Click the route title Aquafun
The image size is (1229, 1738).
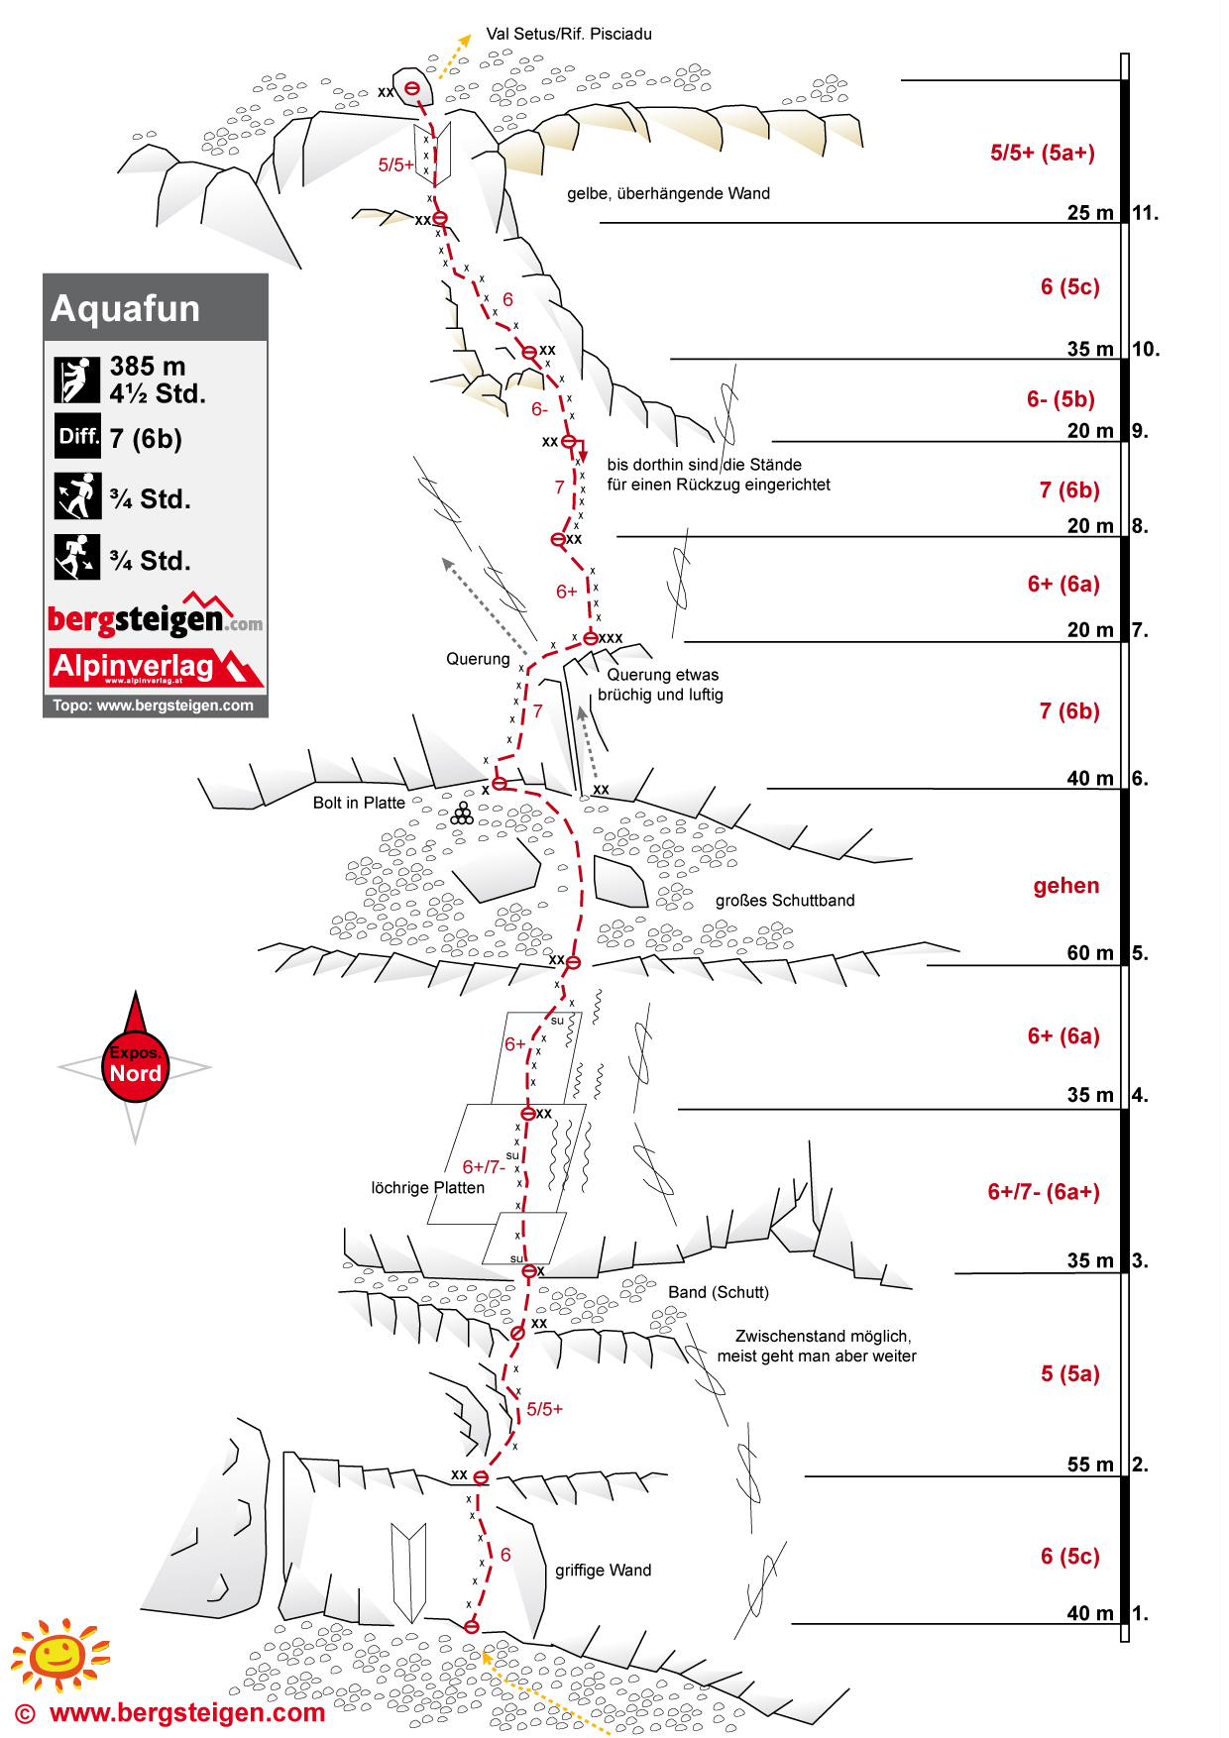(x=126, y=308)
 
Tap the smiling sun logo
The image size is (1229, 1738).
(x=58, y=1654)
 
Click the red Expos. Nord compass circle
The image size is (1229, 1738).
(x=135, y=1066)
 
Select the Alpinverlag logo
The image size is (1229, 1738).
(x=156, y=667)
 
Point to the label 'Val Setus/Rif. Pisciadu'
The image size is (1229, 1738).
(x=569, y=34)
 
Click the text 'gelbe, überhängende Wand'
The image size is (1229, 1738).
(x=668, y=193)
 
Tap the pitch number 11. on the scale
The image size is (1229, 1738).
(x=1145, y=213)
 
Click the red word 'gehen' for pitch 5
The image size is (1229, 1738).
(x=1065, y=886)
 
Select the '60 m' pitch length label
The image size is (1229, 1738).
(x=1090, y=953)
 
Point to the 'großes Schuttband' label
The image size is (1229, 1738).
(x=785, y=901)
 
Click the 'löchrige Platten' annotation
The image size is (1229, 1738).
(x=427, y=1188)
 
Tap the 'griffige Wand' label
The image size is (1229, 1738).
(x=603, y=1571)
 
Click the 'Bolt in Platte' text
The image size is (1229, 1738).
(x=359, y=803)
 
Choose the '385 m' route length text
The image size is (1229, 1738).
(x=148, y=367)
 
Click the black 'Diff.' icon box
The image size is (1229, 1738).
(x=77, y=437)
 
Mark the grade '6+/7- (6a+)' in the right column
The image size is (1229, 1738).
(x=1044, y=1192)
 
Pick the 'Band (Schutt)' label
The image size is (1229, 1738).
(x=718, y=1292)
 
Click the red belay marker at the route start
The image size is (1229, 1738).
(x=472, y=1626)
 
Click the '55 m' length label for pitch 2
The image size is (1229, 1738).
(x=1090, y=1465)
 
